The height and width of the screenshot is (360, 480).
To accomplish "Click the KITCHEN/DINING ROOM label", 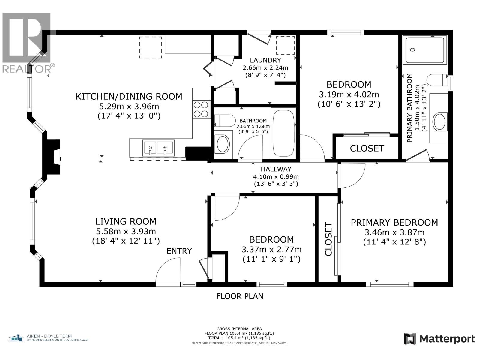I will pyautogui.click(x=129, y=96).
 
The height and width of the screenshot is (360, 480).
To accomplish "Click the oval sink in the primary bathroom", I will pyautogui.click(x=439, y=121).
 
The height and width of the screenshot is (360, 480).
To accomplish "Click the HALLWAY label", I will pyautogui.click(x=276, y=169).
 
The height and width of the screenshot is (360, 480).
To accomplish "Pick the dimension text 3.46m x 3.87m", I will pyautogui.click(x=394, y=232).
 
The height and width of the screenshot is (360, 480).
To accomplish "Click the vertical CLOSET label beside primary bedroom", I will pyautogui.click(x=328, y=239).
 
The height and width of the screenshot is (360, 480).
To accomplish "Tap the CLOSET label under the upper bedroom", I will pyautogui.click(x=367, y=148).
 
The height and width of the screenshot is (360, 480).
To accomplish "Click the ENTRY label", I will pyautogui.click(x=179, y=251).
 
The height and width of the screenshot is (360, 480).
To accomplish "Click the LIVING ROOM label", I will pyautogui.click(x=126, y=222).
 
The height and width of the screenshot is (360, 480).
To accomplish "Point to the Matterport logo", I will pyautogui.click(x=439, y=339).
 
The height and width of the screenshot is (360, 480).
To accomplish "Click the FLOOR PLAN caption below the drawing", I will pyautogui.click(x=240, y=296).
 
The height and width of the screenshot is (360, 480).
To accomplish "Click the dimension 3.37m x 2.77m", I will pyautogui.click(x=271, y=249).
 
